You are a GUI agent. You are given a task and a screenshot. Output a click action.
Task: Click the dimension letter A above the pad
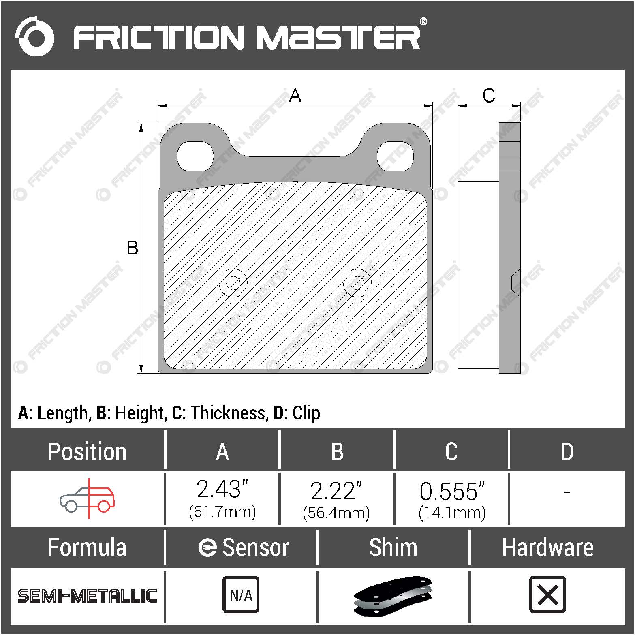pos(295,96)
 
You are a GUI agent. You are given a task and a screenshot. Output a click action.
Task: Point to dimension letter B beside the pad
pos(133,248)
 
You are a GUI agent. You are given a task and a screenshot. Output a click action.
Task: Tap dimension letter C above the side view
pos(489,96)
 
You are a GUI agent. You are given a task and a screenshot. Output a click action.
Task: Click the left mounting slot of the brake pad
pos(195,156)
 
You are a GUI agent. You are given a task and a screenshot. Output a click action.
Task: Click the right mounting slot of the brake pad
pos(395,156)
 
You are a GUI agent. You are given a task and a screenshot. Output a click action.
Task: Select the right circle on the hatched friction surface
pos(357,282)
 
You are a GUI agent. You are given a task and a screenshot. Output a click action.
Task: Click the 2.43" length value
pos(222,490)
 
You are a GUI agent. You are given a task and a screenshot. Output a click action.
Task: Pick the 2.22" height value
pos(336,491)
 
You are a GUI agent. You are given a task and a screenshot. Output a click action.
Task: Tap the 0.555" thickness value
pos(452,492)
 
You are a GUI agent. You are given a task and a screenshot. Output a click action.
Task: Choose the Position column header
pos(87,451)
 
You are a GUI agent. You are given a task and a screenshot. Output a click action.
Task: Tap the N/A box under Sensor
pos(241,594)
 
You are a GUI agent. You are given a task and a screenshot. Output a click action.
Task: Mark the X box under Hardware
pos(547,594)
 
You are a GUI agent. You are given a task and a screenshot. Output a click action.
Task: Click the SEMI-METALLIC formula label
pos(87,596)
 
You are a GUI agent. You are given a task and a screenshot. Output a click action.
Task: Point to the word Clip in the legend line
pos(306,413)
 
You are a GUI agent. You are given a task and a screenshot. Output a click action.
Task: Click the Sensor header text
pos(255,547)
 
